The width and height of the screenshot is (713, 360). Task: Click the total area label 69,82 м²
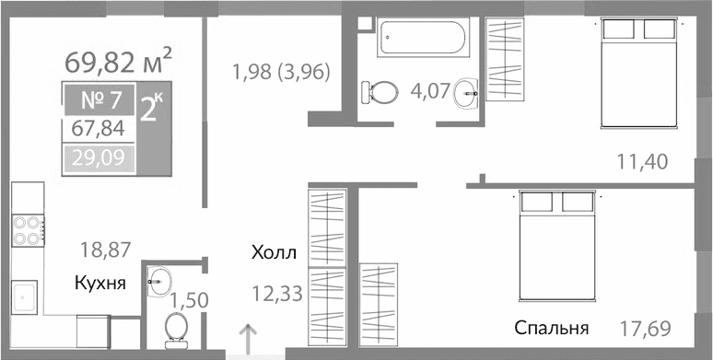(x=119, y=62)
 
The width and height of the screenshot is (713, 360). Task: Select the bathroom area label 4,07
(x=428, y=91)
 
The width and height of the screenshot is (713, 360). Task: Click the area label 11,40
(x=641, y=163)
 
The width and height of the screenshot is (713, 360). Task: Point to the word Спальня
(x=552, y=328)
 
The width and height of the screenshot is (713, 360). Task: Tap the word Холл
(x=274, y=250)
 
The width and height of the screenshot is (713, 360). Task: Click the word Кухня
(x=100, y=283)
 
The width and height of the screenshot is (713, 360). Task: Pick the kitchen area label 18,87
(x=104, y=248)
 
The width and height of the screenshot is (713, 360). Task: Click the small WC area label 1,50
(x=190, y=299)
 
